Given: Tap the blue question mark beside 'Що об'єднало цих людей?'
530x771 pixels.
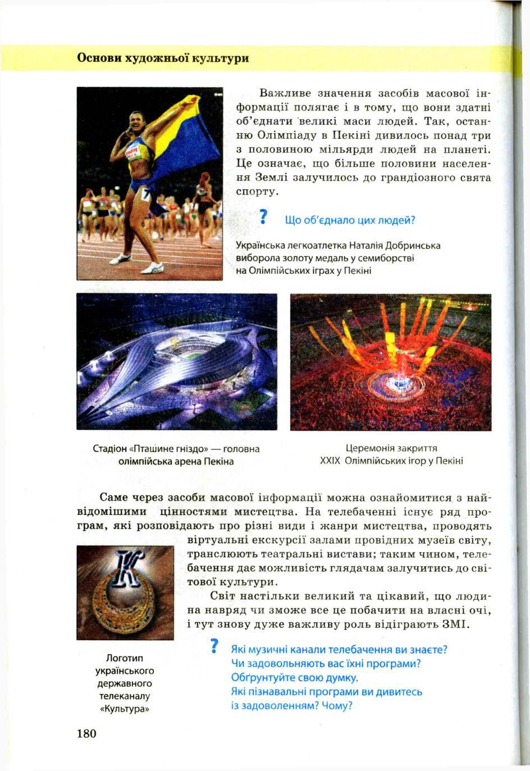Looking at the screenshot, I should tap(262, 219).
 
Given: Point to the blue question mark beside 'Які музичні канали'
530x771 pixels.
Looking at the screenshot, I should tap(213, 647).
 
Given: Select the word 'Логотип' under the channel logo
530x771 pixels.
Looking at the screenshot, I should tap(125, 658).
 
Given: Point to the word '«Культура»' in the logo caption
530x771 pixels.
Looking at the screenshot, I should tap(125, 708).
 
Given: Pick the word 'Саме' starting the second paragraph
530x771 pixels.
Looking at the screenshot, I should tap(115, 497).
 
